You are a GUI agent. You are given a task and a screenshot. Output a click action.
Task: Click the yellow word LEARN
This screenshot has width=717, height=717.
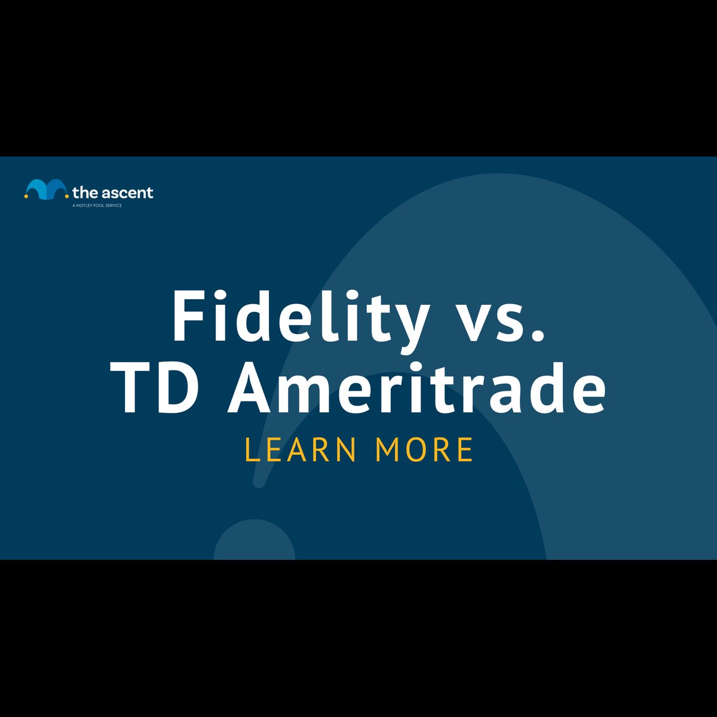[x=301, y=450]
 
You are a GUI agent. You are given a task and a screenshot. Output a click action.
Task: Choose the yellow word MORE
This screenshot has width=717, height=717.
[x=424, y=450]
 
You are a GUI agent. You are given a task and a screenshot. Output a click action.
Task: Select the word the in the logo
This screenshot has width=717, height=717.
[x=85, y=193]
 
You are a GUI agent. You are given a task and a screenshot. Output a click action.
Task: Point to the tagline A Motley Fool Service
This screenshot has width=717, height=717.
[x=97, y=206]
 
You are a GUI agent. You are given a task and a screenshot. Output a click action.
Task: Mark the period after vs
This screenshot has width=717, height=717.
[x=538, y=335]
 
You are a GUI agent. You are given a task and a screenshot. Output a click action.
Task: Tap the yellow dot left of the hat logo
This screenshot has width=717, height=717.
[x=26, y=196]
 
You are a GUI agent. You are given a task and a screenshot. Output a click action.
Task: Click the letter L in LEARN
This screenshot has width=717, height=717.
[x=252, y=450]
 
